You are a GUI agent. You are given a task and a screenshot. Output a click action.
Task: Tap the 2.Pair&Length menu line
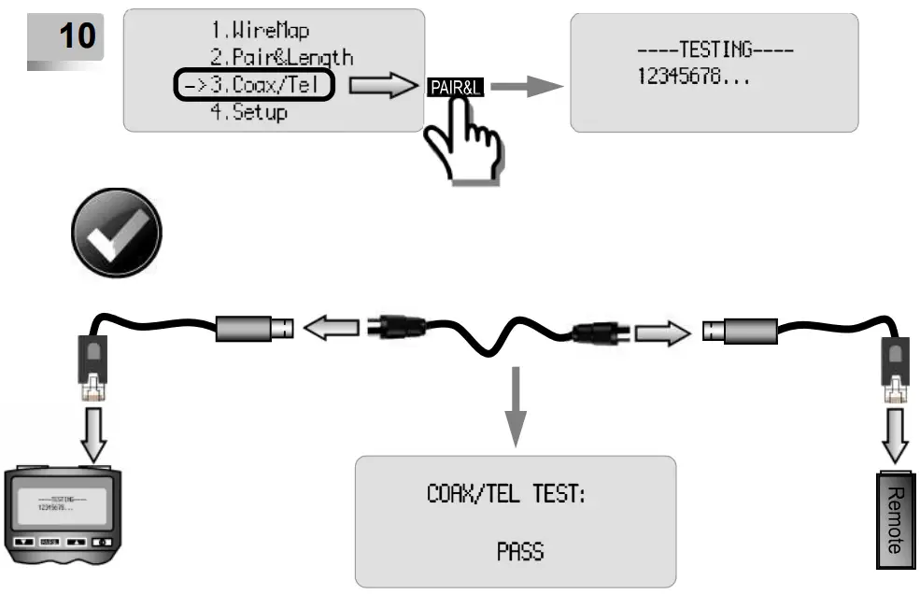tap(281, 59)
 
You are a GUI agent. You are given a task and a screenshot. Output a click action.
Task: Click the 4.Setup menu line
tap(248, 112)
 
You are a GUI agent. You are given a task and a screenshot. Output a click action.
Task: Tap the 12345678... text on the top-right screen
tap(694, 77)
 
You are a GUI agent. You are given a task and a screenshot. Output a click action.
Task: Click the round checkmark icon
tap(117, 233)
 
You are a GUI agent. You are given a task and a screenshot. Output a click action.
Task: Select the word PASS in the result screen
tap(520, 551)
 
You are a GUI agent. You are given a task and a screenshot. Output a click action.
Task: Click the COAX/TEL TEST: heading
tap(506, 494)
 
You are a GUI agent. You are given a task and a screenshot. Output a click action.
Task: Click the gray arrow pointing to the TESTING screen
tap(527, 87)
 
